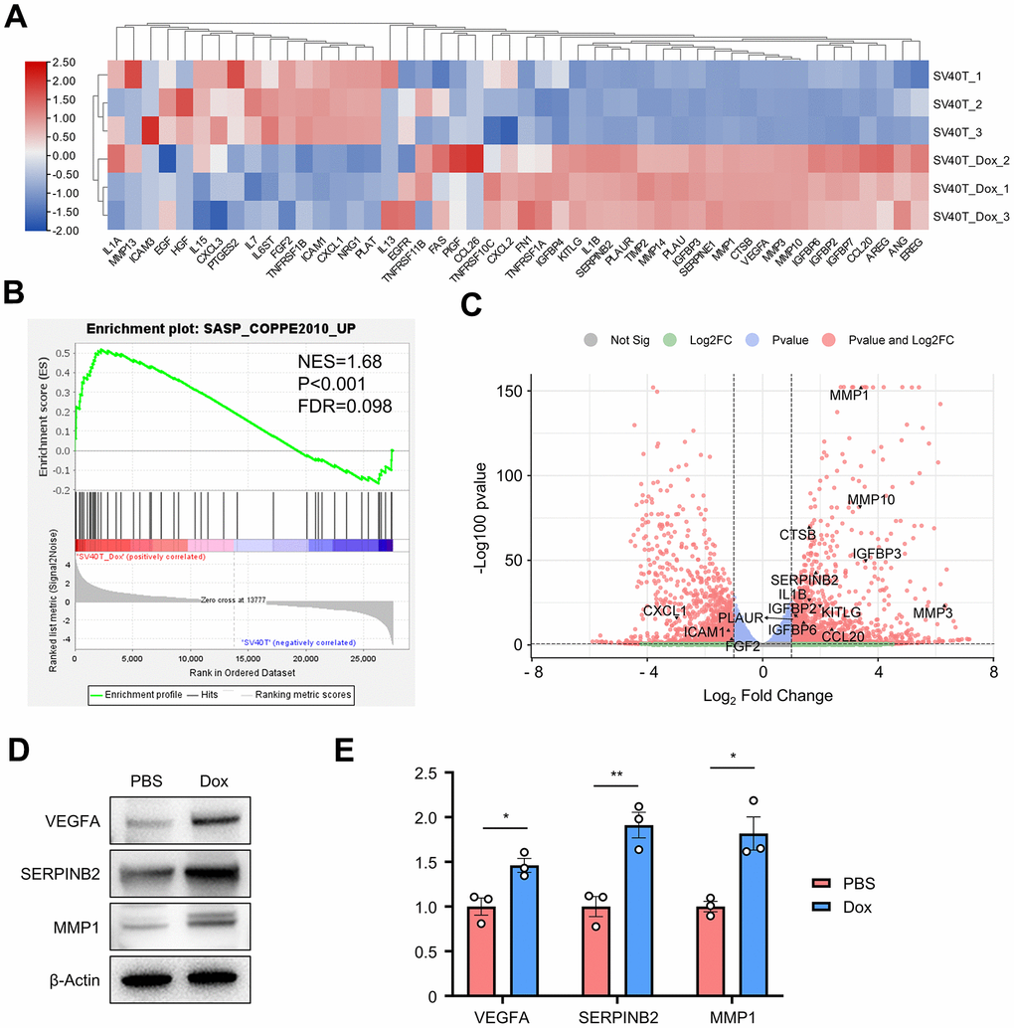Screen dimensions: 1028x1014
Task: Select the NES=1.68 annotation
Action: coord(340,360)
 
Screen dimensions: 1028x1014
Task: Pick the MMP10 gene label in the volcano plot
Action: coord(871,499)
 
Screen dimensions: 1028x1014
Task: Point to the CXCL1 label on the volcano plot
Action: coord(665,609)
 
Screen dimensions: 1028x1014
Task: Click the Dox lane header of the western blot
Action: coord(213,780)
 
